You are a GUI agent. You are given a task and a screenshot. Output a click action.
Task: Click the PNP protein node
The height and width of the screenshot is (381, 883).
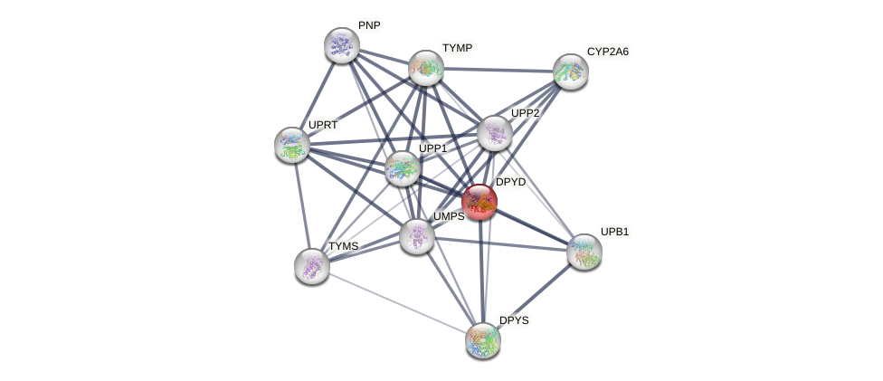(x=342, y=45)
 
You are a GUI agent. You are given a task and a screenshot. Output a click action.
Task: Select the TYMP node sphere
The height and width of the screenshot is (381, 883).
(x=426, y=68)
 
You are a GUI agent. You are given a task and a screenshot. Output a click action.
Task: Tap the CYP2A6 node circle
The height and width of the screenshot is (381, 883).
(x=571, y=71)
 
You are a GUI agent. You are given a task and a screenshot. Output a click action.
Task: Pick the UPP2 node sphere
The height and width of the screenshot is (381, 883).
(x=495, y=133)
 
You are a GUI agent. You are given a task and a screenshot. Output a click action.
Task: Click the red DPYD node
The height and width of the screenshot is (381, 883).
(x=479, y=202)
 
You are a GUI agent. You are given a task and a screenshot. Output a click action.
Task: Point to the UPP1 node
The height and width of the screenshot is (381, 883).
(x=403, y=168)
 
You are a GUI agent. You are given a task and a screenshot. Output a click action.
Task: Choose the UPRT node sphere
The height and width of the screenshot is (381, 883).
(x=292, y=145)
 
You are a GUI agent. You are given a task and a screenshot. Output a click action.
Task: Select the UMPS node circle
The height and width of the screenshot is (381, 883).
(x=417, y=236)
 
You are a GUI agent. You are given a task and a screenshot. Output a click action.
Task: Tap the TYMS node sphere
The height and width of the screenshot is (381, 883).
(x=312, y=266)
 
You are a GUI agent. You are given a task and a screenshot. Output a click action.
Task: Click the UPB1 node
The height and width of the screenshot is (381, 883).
(x=584, y=252)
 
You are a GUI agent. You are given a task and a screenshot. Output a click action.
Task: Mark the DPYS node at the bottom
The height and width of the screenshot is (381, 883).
(x=483, y=340)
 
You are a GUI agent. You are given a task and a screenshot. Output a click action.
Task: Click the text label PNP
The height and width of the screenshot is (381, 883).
(x=369, y=25)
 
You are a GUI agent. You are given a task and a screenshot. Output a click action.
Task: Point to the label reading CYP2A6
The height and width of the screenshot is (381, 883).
(x=607, y=52)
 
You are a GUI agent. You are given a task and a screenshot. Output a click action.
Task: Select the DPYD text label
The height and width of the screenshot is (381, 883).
(x=510, y=182)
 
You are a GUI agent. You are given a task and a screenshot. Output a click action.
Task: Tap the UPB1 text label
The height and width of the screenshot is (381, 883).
(x=614, y=232)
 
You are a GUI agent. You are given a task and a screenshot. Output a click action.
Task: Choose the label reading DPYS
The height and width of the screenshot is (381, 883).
(x=514, y=320)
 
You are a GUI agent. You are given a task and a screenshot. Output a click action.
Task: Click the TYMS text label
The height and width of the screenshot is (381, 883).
(x=343, y=246)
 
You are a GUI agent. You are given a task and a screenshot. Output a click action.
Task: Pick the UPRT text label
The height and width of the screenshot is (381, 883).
(x=322, y=125)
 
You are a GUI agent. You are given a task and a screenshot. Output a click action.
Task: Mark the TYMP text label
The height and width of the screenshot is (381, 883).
(x=457, y=48)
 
